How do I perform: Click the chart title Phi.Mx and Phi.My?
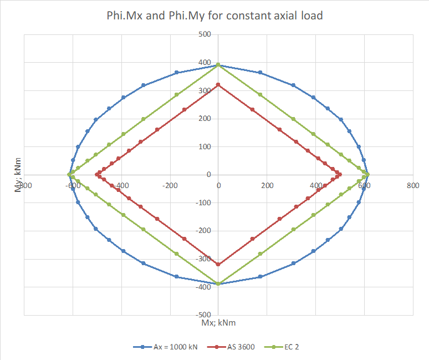click(x=214, y=16)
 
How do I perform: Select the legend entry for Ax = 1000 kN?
click(x=167, y=347)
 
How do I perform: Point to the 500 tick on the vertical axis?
click(x=205, y=34)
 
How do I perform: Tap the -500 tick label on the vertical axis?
click(x=204, y=315)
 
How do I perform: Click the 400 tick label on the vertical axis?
click(x=205, y=63)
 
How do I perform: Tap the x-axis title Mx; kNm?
click(x=218, y=322)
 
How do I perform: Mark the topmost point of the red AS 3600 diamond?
click(x=218, y=84)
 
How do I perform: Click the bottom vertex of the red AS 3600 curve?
click(x=218, y=265)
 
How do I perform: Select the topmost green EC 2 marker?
click(x=218, y=65)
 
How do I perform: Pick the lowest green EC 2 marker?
click(x=218, y=284)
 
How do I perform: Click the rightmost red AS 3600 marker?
click(x=339, y=175)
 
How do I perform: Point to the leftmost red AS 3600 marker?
click(x=96, y=175)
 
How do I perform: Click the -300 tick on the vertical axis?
click(x=204, y=258)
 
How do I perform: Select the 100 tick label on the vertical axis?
click(x=205, y=146)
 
